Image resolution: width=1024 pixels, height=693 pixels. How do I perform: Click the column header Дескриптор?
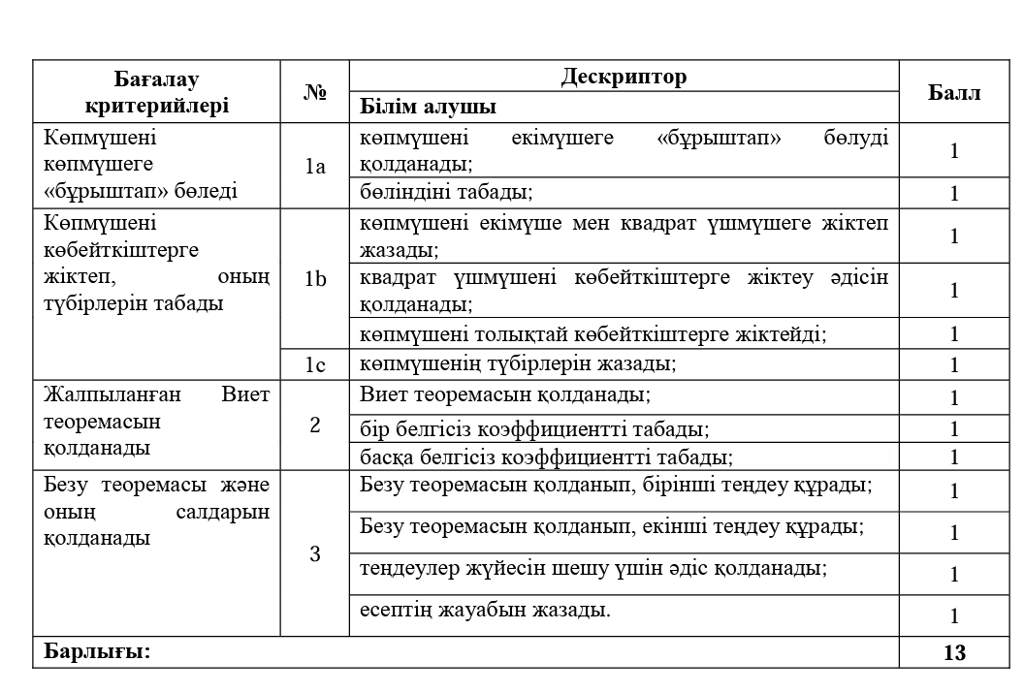click(x=624, y=77)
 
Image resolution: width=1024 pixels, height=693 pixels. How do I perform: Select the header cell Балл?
click(x=954, y=92)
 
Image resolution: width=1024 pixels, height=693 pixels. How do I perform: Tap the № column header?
click(x=315, y=92)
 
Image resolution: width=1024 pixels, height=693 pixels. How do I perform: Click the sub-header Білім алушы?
click(x=428, y=106)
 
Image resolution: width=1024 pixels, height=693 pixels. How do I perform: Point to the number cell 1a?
click(x=315, y=166)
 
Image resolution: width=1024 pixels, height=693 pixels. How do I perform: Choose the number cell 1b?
click(x=315, y=279)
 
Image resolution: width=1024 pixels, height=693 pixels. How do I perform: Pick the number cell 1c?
click(x=315, y=364)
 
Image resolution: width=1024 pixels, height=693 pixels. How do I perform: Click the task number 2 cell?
click(x=315, y=425)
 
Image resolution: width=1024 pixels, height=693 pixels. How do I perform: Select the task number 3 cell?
click(x=315, y=554)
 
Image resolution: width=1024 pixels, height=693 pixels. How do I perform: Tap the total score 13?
click(x=954, y=652)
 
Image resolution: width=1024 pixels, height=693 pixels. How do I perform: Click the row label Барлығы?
click(x=95, y=651)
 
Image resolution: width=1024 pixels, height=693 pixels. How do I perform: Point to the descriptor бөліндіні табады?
click(x=447, y=193)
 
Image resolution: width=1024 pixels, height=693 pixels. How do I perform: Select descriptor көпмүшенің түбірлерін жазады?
click(x=517, y=364)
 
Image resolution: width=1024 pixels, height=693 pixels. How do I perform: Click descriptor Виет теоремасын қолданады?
click(x=504, y=395)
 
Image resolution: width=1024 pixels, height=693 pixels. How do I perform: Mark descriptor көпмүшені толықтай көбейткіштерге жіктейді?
click(x=592, y=334)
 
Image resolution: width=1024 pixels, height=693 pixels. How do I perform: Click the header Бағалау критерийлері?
click(x=157, y=92)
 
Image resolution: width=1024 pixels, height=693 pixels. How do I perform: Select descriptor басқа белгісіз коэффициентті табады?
click(x=546, y=457)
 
